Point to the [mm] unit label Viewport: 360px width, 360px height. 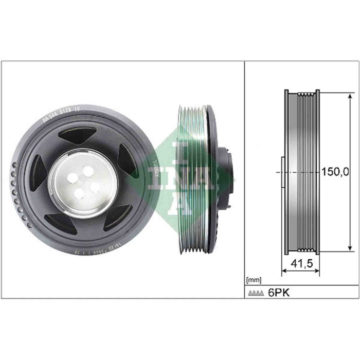coord(254,280)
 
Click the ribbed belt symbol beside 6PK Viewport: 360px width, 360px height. coord(256,293)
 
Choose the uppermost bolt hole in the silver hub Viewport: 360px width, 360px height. coord(88,170)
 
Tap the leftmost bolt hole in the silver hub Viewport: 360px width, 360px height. coord(71,177)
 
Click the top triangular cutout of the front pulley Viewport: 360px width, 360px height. coord(77,135)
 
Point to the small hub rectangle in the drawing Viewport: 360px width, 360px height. coord(282,172)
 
